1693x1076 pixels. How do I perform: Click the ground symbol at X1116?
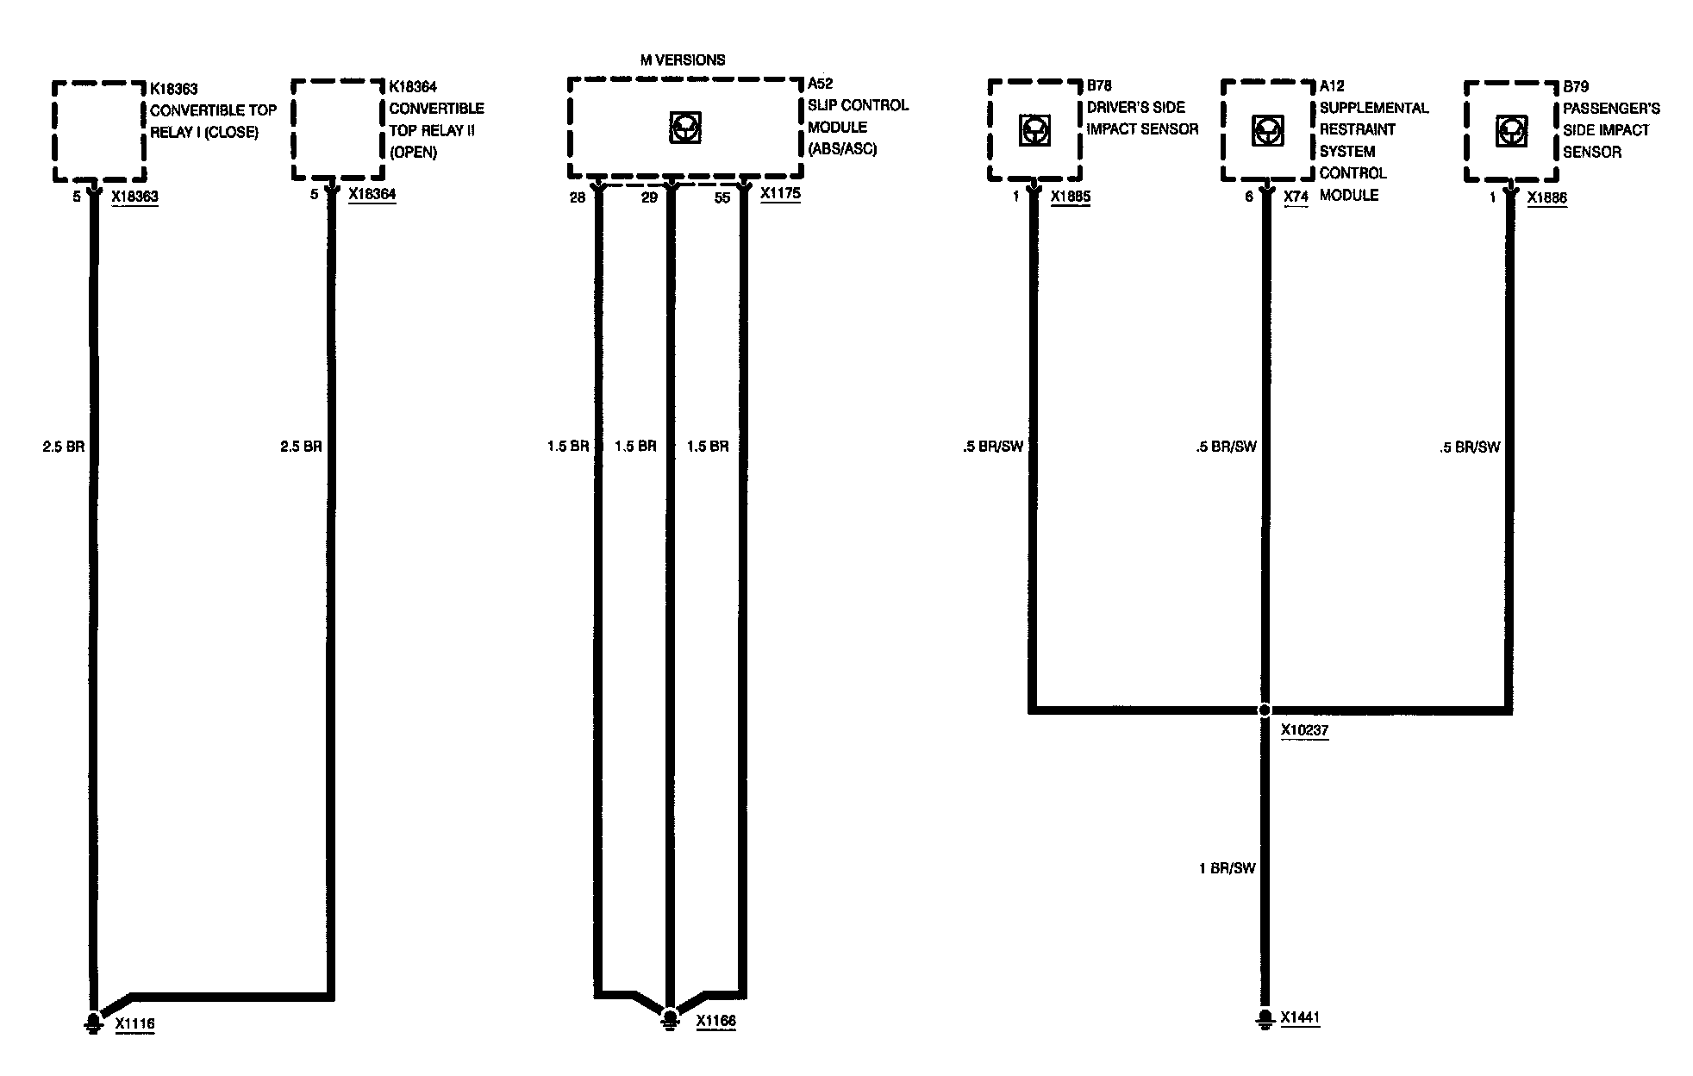(x=91, y=1023)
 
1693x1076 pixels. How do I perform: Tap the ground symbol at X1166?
(x=669, y=1020)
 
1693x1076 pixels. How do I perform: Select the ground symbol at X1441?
(x=1264, y=1018)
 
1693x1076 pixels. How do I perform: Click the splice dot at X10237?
(x=1264, y=710)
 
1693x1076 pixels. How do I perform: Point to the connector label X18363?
(x=134, y=197)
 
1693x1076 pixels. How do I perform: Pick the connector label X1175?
(x=780, y=194)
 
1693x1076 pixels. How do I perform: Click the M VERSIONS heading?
(x=682, y=59)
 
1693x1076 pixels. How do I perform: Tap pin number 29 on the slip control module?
(x=649, y=197)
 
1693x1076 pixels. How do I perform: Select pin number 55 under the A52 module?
(x=722, y=197)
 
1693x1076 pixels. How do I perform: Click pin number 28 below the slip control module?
(x=577, y=197)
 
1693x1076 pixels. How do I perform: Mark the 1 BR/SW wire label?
(x=1227, y=868)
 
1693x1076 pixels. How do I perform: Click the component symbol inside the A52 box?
(x=684, y=128)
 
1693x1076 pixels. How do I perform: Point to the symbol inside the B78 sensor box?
(x=1033, y=130)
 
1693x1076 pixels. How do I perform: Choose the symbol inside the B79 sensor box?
(x=1513, y=130)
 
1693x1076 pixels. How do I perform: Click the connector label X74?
(x=1296, y=197)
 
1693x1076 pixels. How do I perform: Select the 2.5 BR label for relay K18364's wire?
(x=301, y=447)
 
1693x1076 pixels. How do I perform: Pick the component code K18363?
(x=174, y=89)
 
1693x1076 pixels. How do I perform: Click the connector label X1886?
(x=1546, y=197)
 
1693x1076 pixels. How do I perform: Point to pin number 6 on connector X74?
(x=1248, y=197)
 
